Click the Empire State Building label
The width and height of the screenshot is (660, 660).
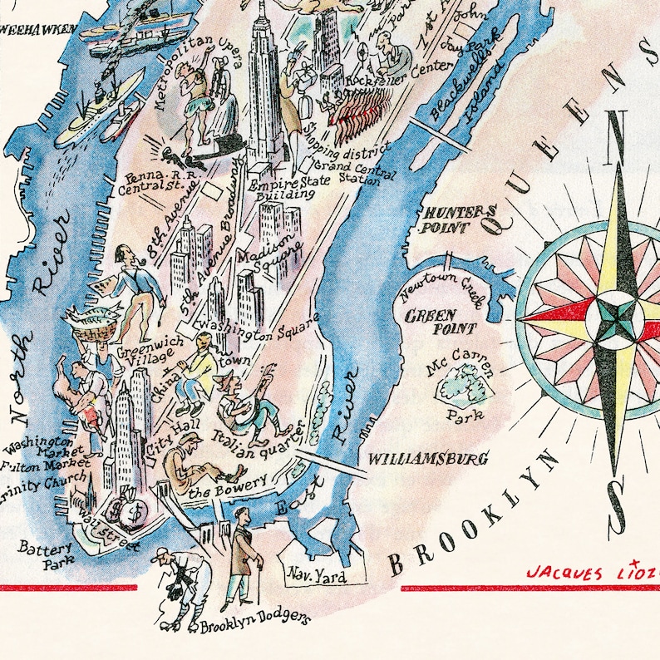coord(286,187)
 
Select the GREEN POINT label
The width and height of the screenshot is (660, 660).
coord(430,322)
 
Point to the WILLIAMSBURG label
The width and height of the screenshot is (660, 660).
coord(427,458)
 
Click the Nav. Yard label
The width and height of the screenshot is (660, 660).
coord(316,574)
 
